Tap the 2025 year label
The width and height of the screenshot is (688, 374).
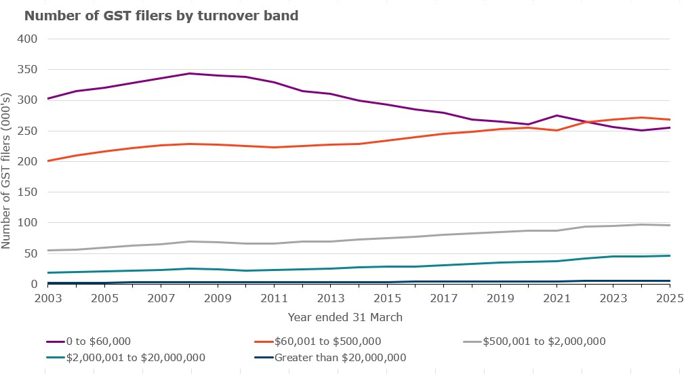point(668,299)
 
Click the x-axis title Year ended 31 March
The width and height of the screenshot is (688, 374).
point(344,316)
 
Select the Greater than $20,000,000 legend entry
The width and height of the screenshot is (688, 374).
point(339,357)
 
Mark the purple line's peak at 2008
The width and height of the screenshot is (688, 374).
point(190,73)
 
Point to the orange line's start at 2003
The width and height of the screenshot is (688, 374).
point(47,161)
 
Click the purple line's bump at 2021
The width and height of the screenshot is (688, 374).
point(557,115)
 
